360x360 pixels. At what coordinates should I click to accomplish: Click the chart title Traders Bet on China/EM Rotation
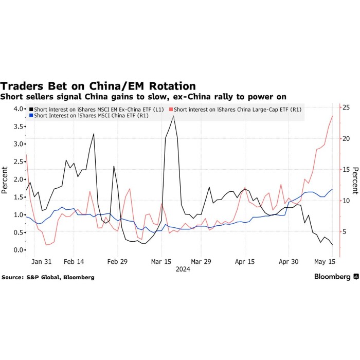click(x=98, y=86)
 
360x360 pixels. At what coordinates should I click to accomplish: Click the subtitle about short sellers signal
click(x=143, y=97)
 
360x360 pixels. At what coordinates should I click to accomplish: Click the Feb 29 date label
click(x=117, y=261)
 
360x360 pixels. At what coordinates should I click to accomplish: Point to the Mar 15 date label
click(x=161, y=261)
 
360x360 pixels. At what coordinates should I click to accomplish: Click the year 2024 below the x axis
click(x=183, y=269)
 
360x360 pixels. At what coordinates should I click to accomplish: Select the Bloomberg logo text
click(x=332, y=277)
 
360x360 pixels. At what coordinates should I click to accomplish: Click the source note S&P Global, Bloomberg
click(x=48, y=277)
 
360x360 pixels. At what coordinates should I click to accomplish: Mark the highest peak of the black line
click(x=174, y=116)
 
